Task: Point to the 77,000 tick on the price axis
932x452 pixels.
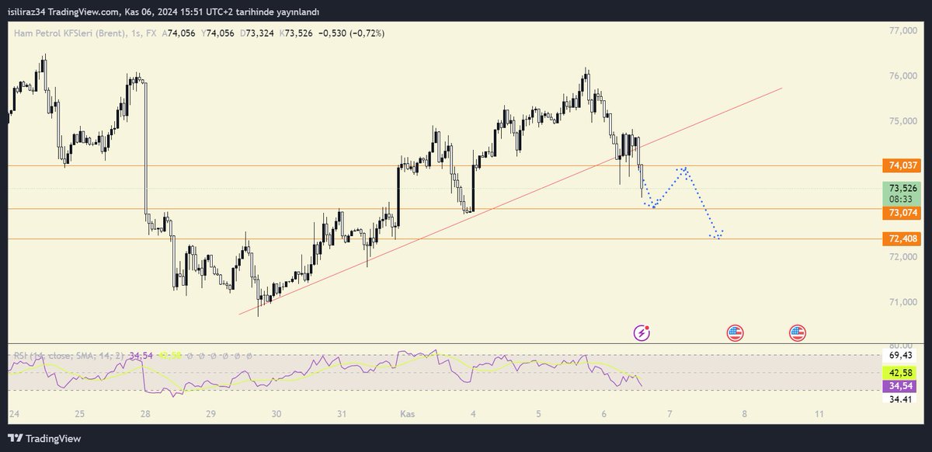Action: click(903, 31)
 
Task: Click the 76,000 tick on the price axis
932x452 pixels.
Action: click(903, 76)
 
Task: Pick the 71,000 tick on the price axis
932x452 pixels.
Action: click(903, 302)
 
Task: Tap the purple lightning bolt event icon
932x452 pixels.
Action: click(642, 333)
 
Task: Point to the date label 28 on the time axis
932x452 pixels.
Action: click(146, 414)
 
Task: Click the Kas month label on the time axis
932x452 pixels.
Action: click(408, 414)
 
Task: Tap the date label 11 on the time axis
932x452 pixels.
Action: click(820, 414)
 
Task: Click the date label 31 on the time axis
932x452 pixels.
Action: click(342, 414)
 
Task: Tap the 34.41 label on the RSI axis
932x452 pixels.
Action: click(901, 399)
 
